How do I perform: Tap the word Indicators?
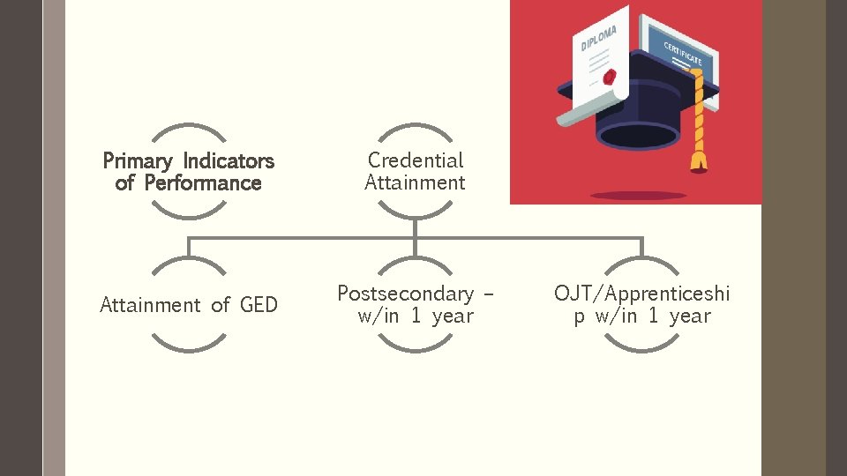pos(229,161)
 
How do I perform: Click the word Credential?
pos(415,160)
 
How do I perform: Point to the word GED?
pos(259,305)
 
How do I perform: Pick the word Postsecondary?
pos(405,294)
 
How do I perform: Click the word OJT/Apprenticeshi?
pos(641,294)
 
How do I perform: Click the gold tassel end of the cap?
pos(700,160)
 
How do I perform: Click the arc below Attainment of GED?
pos(189,346)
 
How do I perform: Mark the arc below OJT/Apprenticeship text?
pos(641,346)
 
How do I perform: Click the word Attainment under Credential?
pos(415,183)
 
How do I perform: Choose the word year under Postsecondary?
pos(453,316)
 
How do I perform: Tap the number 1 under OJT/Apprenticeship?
pos(653,316)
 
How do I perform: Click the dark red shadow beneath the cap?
pos(638,195)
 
